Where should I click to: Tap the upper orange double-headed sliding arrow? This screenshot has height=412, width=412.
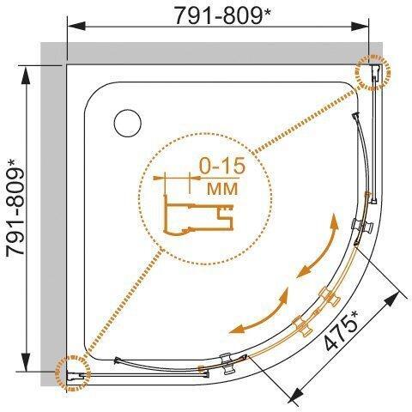click(318, 247)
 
